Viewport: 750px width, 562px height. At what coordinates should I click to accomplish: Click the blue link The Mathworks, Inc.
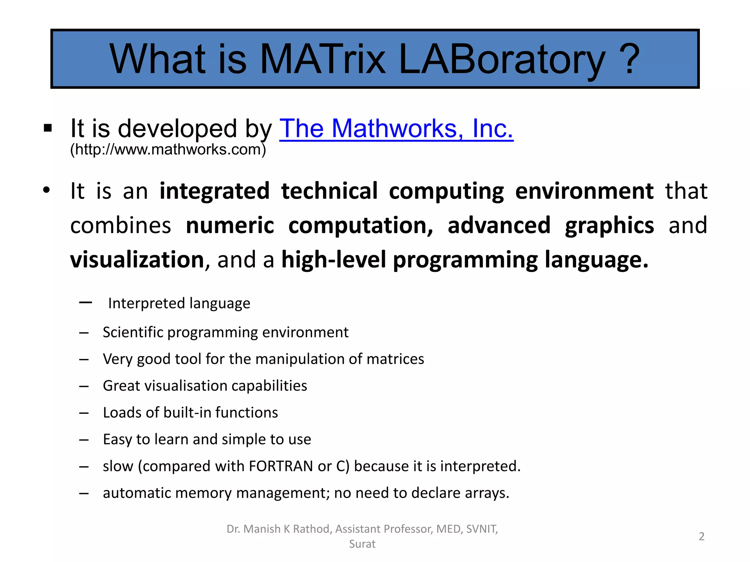[396, 129]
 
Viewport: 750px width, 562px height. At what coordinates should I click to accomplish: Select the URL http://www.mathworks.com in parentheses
[168, 150]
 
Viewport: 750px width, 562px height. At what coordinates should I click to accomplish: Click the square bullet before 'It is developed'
[48, 128]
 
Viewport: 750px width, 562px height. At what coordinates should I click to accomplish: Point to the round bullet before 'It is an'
[46, 191]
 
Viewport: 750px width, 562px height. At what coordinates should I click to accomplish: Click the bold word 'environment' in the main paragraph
[584, 191]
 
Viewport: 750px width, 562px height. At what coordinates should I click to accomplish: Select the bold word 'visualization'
[137, 260]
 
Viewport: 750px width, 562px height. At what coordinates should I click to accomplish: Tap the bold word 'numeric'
[230, 225]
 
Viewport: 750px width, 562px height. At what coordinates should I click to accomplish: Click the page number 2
[701, 536]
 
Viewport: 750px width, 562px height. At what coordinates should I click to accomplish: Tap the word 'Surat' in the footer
[362, 544]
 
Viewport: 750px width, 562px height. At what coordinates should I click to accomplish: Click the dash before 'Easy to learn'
[84, 439]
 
